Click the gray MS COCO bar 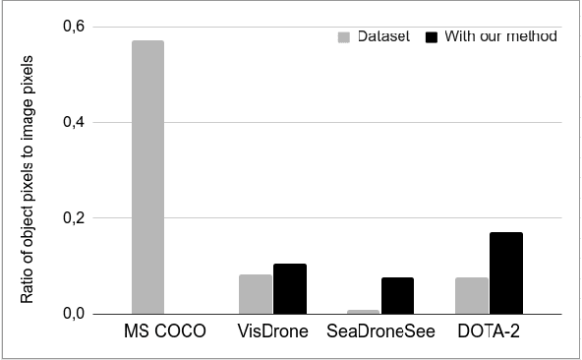[146, 177]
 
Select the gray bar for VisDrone [256, 294]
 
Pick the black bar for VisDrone [290, 288]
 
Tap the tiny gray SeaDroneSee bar [364, 311]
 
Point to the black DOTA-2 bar [506, 272]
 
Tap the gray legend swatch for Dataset [344, 37]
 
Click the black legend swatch [430, 37]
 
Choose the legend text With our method [500, 37]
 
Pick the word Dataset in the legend [381, 37]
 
